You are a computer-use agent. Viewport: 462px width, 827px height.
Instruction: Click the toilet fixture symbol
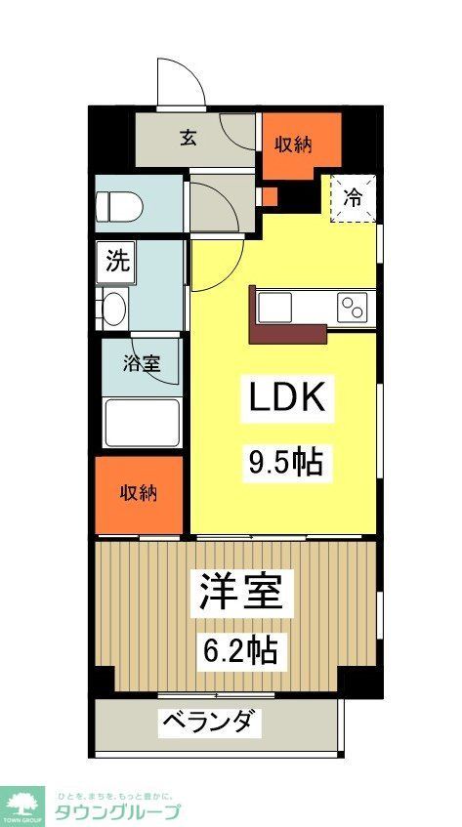[x=119, y=206]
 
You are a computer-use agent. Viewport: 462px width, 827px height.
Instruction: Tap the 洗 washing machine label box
[x=117, y=261]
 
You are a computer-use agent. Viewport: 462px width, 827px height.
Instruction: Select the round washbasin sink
[x=113, y=309]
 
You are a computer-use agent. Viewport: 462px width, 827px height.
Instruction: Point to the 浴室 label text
[x=142, y=364]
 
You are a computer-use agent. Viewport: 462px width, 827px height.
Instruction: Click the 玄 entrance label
[x=187, y=138]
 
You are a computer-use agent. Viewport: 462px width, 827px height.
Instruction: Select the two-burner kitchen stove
[x=354, y=309]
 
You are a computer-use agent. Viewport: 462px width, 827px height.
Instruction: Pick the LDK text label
[x=283, y=398]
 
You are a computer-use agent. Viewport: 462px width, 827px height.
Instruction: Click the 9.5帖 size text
[x=283, y=461]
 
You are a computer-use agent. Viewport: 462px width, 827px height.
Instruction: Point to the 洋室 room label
[x=241, y=593]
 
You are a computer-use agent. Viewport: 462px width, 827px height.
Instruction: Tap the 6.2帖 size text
[x=239, y=649]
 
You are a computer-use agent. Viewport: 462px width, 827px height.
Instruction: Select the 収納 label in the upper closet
[x=292, y=145]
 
